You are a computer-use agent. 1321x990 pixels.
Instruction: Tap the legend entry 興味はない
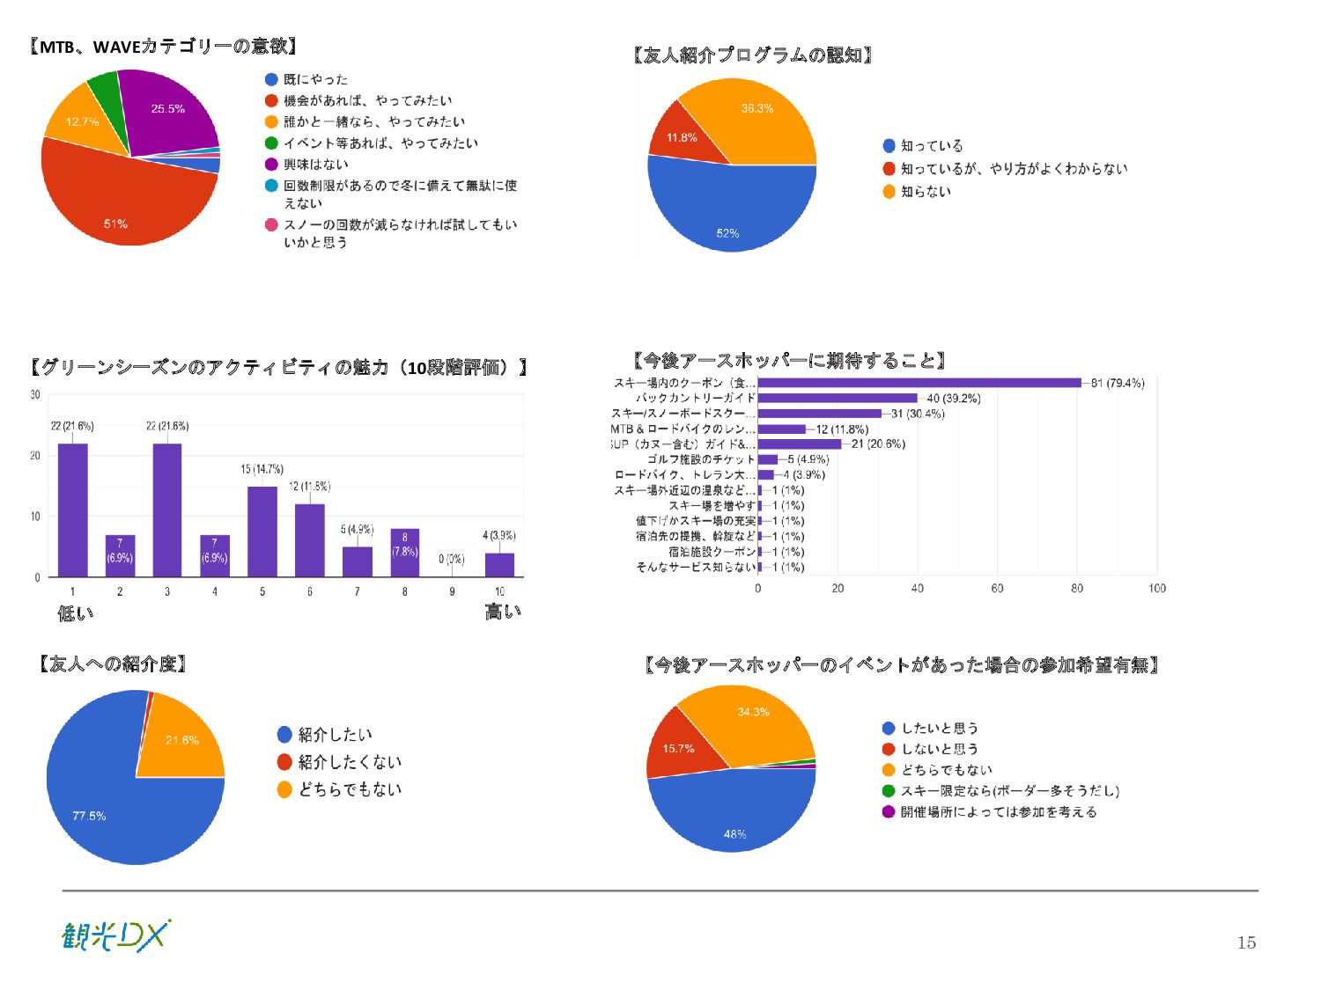(315, 165)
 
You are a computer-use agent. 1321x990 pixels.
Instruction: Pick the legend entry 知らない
(925, 192)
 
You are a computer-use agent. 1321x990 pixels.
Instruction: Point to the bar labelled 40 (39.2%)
(837, 399)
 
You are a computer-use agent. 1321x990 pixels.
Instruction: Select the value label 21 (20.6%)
(878, 444)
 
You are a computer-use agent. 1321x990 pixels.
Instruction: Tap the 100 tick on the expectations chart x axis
(1156, 588)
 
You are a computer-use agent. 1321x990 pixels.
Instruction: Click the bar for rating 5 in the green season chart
(262, 532)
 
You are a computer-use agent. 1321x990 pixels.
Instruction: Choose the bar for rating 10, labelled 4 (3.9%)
(499, 565)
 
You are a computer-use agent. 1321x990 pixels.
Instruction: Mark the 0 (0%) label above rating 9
(451, 559)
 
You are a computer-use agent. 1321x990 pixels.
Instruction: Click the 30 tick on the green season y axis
(35, 394)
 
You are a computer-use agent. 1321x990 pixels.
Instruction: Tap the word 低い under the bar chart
(75, 613)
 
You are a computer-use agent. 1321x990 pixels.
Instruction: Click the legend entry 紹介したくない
(350, 762)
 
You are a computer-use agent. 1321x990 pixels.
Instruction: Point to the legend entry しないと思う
(939, 749)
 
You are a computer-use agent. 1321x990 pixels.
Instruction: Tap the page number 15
(1246, 942)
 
